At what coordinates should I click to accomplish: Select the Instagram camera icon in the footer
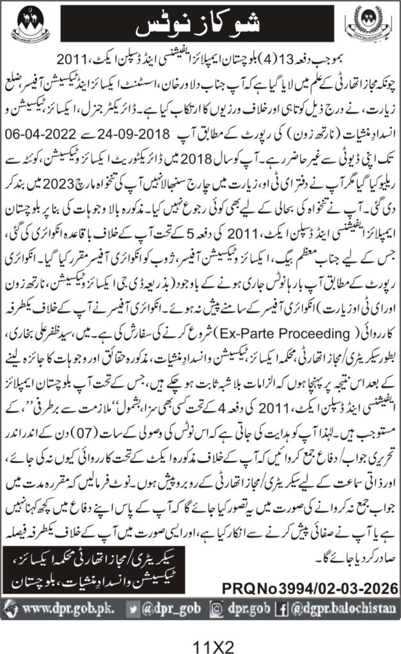[x=219, y=607]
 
